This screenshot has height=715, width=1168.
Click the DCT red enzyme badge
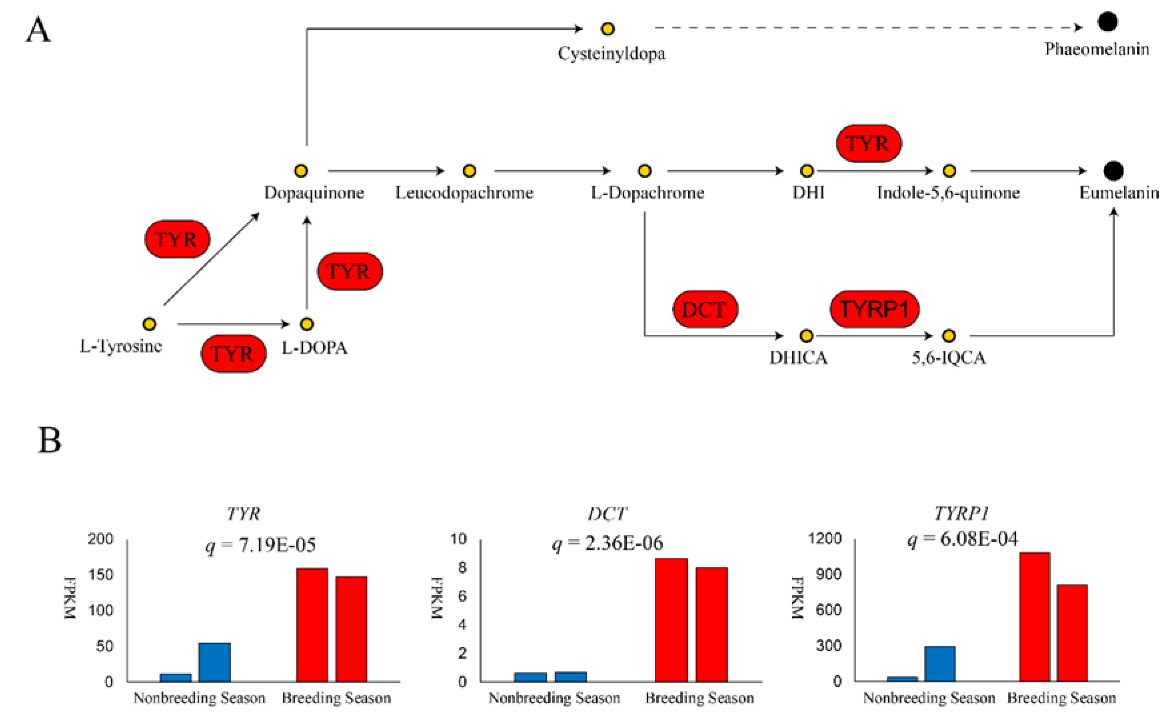[705, 310]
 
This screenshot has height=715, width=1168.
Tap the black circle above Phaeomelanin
[1107, 21]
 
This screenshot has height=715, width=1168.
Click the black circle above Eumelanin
[1113, 171]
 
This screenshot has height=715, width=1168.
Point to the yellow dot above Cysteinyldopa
[608, 29]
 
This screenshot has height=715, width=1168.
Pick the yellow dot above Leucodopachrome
[469, 171]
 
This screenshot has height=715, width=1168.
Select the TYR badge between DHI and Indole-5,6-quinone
[869, 144]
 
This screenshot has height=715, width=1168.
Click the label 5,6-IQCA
[948, 358]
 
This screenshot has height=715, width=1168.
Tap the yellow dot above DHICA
[806, 336]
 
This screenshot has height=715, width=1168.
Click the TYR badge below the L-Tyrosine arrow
[233, 354]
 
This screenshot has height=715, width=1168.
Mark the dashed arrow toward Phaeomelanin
[868, 28]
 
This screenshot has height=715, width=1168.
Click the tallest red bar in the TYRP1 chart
[1034, 616]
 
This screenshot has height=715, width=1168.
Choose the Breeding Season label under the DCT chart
[699, 698]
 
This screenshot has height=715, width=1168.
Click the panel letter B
[49, 440]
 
